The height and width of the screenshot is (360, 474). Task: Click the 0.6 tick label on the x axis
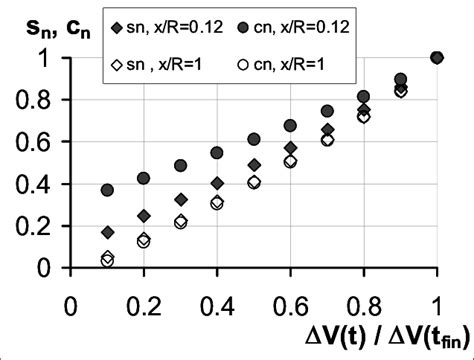point(290,302)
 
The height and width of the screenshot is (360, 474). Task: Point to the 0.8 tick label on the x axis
point(363,302)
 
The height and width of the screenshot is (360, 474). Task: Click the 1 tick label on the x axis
point(436,302)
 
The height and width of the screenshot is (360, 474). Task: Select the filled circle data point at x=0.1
point(108,190)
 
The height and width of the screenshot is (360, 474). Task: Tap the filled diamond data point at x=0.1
point(108,232)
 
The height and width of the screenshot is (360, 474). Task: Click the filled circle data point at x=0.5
point(254,139)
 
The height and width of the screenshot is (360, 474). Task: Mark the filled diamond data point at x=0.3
point(181,199)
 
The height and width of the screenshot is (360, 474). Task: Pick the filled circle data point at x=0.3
point(181,165)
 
